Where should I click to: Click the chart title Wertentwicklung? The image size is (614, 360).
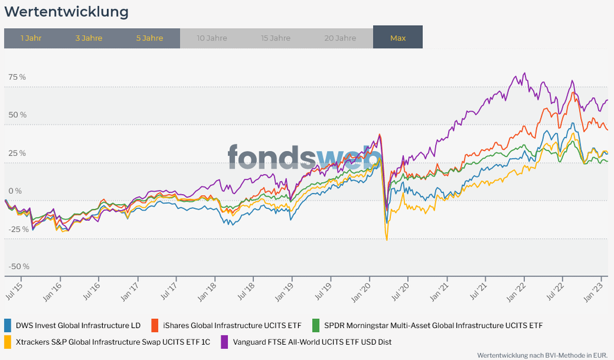pos(66,12)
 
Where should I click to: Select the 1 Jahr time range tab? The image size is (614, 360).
pos(31,37)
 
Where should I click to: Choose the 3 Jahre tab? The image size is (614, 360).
pos(89,37)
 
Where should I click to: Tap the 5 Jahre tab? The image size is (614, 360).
pos(150,37)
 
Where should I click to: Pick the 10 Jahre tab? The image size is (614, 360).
pos(212,37)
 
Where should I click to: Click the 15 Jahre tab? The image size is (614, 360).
pos(276,37)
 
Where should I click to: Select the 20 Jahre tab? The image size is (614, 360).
pos(340,37)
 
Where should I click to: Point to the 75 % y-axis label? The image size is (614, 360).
pos(17,77)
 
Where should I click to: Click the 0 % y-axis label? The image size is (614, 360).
pos(15,191)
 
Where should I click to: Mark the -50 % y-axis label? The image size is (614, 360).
pos(18,267)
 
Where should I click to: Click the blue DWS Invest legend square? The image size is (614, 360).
pos(8,325)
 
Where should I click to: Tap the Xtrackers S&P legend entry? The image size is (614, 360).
pos(112,342)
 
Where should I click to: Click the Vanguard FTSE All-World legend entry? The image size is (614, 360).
pos(310,342)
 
